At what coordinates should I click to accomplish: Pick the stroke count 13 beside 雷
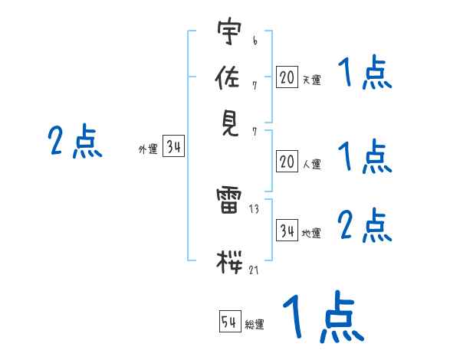coord(254,209)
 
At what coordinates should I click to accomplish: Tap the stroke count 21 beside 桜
coord(254,270)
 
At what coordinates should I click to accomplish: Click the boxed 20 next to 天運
coord(287,77)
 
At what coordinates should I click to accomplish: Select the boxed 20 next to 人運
coord(287,162)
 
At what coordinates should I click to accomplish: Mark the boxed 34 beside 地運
coord(287,231)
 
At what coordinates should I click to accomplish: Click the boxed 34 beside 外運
coord(173,148)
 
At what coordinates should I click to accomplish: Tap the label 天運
coord(311,80)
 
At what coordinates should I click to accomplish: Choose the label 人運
coord(311,164)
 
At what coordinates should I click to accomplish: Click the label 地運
coord(311,233)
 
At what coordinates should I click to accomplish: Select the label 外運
coord(147,150)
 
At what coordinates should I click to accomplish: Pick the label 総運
coord(255,325)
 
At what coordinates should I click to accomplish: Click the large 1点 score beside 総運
coord(323,318)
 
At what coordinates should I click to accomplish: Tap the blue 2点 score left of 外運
coord(74,142)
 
